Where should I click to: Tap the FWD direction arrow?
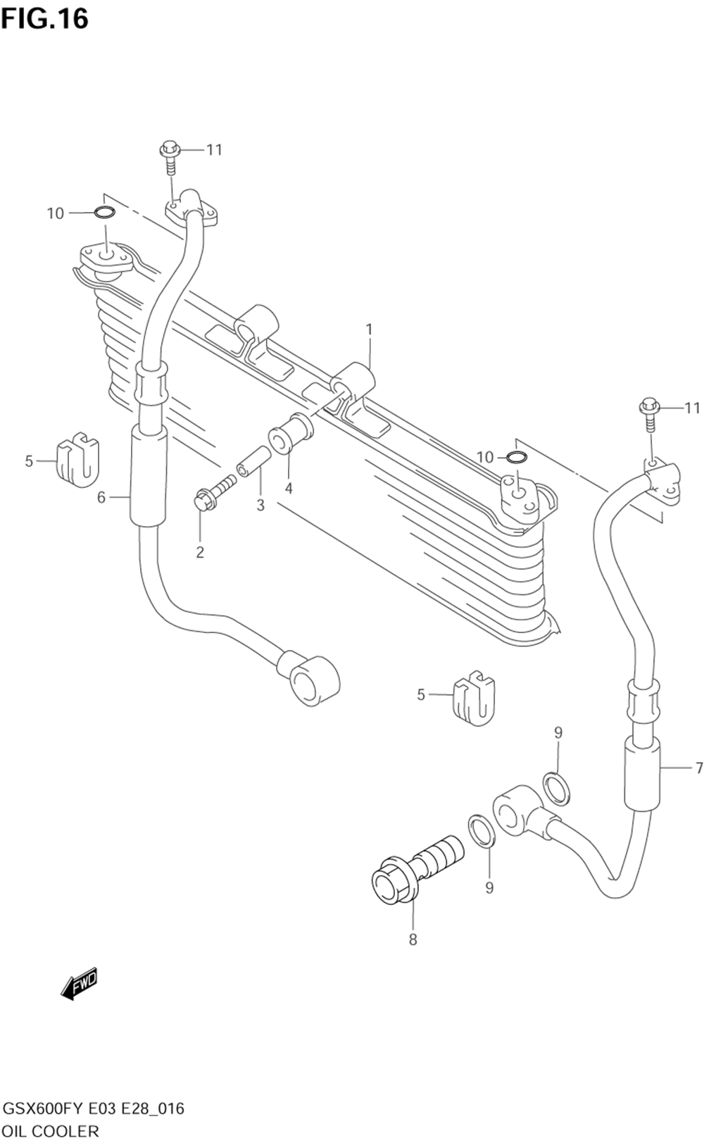[79, 983]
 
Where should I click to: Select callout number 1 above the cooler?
[369, 329]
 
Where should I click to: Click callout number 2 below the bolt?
[200, 552]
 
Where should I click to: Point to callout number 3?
[260, 505]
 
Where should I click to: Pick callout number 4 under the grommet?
[289, 488]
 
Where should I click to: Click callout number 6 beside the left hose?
[101, 498]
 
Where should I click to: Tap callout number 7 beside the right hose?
[698, 767]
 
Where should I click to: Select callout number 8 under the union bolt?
[413, 939]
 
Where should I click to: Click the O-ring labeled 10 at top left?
[103, 213]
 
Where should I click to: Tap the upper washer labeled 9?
[557, 787]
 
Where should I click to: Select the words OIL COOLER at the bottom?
[51, 1131]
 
